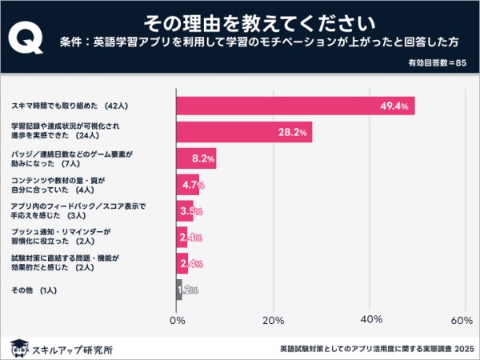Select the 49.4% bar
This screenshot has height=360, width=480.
295,106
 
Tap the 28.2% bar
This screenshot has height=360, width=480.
243,132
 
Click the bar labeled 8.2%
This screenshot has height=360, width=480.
195,158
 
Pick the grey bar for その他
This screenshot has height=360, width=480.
179,290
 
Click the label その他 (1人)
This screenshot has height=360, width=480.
34,290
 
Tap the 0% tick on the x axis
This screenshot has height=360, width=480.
178,320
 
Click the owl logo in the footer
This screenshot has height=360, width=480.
18,348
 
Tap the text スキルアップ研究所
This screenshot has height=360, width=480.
72,349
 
